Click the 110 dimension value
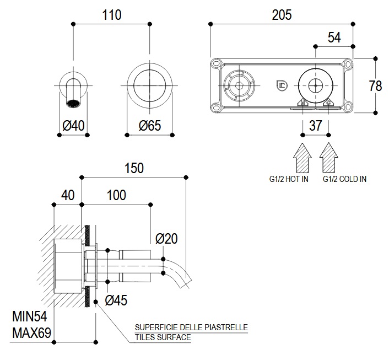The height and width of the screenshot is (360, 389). [112, 15]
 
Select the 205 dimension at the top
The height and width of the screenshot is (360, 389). [282, 15]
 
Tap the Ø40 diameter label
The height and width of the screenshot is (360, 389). [74, 126]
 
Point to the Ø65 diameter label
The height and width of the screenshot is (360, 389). [149, 126]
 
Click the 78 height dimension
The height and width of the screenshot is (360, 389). [375, 85]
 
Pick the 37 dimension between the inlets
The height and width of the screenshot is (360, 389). [316, 126]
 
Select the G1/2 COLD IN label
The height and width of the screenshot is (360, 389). [344, 179]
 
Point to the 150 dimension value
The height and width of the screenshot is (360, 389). [133, 168]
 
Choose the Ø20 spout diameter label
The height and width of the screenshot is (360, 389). [166, 239]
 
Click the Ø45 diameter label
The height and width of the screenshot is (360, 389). [116, 300]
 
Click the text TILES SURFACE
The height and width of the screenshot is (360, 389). [163, 337]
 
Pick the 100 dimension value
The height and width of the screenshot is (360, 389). [116, 195]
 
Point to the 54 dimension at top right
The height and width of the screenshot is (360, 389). [334, 37]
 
